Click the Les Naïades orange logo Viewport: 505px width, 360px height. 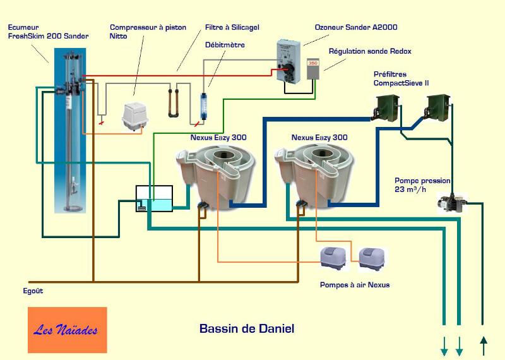tap(67, 330)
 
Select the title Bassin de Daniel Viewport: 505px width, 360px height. tap(246, 328)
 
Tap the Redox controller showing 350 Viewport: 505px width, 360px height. tap(313, 69)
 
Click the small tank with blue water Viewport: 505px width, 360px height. tap(155, 199)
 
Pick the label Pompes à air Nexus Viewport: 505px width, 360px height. tap(355, 285)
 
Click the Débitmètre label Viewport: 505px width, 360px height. tap(225, 45)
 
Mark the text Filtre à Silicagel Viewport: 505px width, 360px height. tap(232, 28)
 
